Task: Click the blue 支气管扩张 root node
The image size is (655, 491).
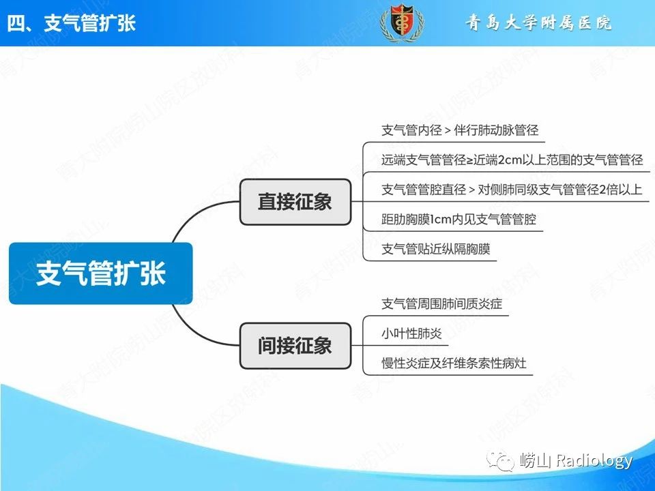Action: pyautogui.click(x=101, y=273)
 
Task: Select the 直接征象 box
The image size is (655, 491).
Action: pyautogui.click(x=295, y=202)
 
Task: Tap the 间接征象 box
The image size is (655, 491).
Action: pyautogui.click(x=295, y=346)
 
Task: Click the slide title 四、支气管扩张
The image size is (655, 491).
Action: pyautogui.click(x=72, y=23)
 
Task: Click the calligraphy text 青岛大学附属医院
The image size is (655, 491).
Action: pyautogui.click(x=538, y=23)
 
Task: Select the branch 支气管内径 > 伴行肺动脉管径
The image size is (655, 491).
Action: pyautogui.click(x=460, y=130)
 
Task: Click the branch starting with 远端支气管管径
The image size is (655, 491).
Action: pyautogui.click(x=512, y=160)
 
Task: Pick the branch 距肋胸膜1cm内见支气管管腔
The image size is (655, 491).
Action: pyautogui.click(x=458, y=219)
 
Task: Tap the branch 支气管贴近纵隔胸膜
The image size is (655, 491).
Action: pyautogui.click(x=436, y=250)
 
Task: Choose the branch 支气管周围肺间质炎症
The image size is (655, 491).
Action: pyautogui.click(x=442, y=303)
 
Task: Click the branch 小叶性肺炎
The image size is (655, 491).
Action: pyautogui.click(x=411, y=333)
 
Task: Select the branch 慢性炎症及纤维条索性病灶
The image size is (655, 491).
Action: pyautogui.click(x=454, y=363)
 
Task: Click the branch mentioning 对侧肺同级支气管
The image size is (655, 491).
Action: pyautogui.click(x=512, y=190)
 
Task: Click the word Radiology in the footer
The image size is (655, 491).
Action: pyautogui.click(x=594, y=460)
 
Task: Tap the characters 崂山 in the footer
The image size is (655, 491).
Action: pyautogui.click(x=536, y=460)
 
